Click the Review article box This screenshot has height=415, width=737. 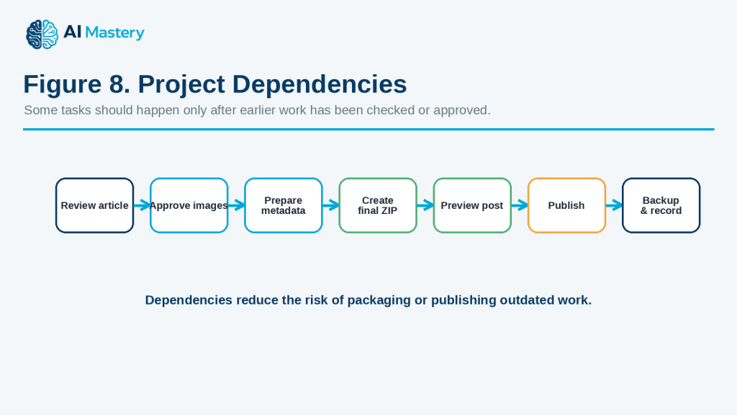point(94,205)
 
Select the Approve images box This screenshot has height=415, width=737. point(189,205)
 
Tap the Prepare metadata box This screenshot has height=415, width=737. point(284,205)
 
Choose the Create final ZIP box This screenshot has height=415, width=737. point(378,205)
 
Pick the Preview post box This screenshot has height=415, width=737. point(472,205)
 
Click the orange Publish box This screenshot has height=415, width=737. point(567,205)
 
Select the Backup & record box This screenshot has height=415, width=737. point(661,205)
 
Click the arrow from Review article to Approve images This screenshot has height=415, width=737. point(142,205)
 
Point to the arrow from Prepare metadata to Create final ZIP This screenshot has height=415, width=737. point(331,205)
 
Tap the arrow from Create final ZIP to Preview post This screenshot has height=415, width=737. point(425,205)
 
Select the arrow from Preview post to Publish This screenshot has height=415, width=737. point(520,205)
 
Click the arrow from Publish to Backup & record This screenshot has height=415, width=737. point(615,205)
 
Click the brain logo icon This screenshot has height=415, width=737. point(42,35)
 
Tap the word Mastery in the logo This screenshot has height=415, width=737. point(114,33)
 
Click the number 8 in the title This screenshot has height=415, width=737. point(116,84)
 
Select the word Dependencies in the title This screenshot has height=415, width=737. point(320,84)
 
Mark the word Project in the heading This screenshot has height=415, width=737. point(181,85)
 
